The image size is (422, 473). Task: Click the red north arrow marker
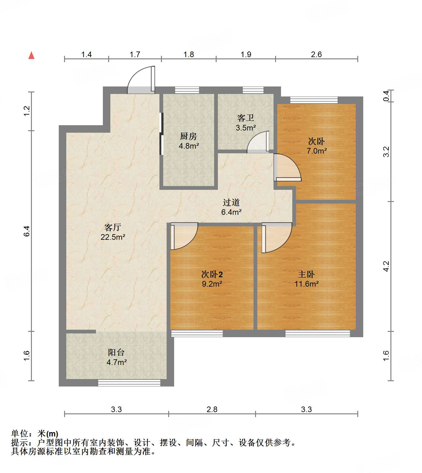(31, 55)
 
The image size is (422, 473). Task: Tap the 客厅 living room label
(113, 227)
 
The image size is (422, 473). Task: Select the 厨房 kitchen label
(188, 136)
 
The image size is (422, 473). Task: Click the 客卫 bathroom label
(245, 118)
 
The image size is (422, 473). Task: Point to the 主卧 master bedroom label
(306, 274)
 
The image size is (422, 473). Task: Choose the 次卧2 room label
(212, 274)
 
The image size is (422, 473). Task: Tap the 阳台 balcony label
(116, 352)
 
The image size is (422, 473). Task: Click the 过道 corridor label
(231, 202)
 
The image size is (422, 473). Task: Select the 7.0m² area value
(316, 151)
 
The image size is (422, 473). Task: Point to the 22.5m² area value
(113, 237)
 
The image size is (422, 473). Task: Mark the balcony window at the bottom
(129, 383)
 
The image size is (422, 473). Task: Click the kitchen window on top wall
(187, 90)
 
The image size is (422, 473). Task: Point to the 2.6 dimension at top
(316, 55)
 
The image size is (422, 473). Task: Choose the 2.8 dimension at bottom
(212, 409)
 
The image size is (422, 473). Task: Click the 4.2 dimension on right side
(386, 266)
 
